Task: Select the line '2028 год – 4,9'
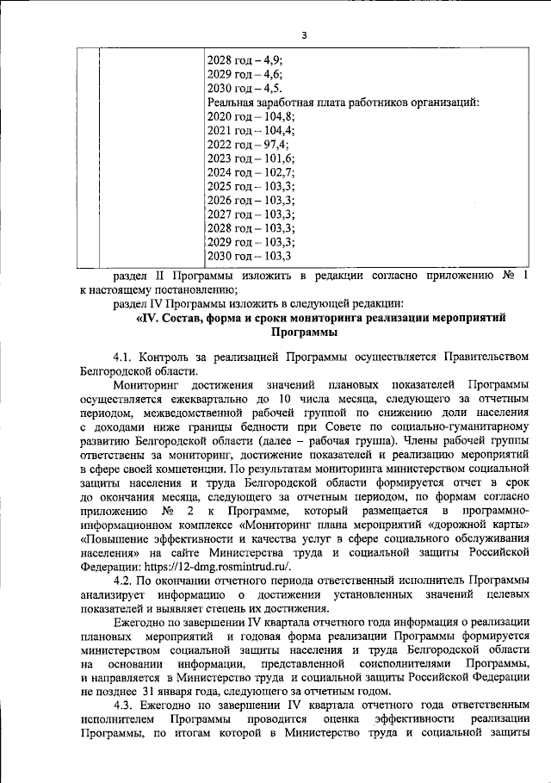[246, 60]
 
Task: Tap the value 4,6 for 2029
[274, 75]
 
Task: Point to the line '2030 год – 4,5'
[246, 90]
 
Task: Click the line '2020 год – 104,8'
[251, 121]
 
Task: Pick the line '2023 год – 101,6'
[251, 165]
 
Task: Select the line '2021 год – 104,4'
[251, 135]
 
